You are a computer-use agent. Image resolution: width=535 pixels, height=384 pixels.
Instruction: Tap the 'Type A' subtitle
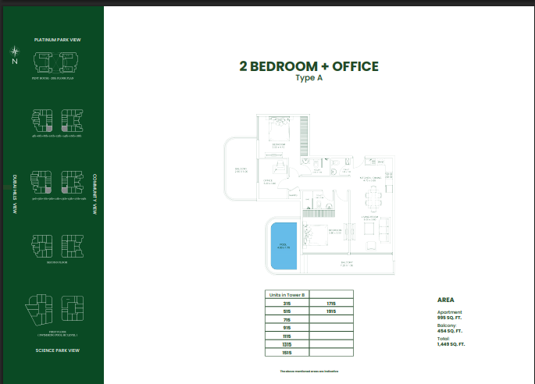[x=309, y=78]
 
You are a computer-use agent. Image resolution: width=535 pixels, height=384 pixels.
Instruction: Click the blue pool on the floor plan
[x=284, y=246]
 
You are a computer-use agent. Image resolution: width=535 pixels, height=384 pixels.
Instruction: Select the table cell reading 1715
[x=331, y=303]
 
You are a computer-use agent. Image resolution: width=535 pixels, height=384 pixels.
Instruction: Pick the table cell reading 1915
[x=331, y=311]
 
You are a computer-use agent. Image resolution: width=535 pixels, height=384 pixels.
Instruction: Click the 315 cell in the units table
[x=287, y=303]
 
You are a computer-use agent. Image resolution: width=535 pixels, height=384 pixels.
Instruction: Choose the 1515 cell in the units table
[x=287, y=352]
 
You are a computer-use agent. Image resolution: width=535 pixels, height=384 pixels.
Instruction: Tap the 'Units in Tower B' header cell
[x=287, y=294]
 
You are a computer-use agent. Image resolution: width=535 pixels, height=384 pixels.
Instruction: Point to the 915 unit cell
[x=287, y=327]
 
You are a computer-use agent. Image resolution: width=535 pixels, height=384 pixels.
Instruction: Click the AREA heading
[x=446, y=300]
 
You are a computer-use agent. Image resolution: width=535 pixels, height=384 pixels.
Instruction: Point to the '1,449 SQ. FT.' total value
[x=451, y=343]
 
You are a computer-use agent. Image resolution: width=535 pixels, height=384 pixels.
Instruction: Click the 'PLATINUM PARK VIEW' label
[x=58, y=39]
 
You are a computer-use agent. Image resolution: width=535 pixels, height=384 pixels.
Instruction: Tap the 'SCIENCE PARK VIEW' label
[x=58, y=350]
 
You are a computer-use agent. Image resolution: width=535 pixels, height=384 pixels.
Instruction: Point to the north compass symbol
[x=14, y=55]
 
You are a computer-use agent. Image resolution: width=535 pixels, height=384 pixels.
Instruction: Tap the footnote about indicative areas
[x=309, y=372]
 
